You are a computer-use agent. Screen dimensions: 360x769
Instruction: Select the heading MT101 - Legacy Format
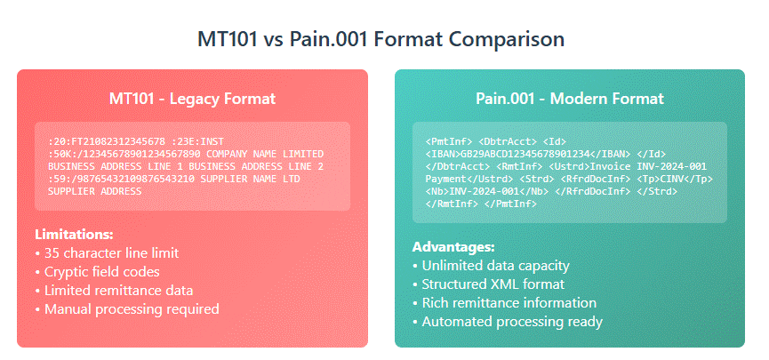[x=192, y=98]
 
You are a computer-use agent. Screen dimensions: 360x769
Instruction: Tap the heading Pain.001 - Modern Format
[x=569, y=98]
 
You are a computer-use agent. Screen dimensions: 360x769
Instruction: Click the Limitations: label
[x=74, y=235]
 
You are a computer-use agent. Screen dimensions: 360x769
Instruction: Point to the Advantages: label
[x=453, y=246]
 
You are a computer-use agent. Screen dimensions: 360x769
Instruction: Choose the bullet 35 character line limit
[x=111, y=253]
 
